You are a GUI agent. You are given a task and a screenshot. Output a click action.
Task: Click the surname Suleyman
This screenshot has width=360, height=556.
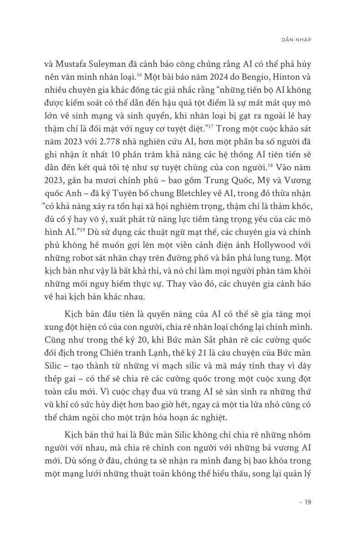pyautogui.click(x=131, y=64)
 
